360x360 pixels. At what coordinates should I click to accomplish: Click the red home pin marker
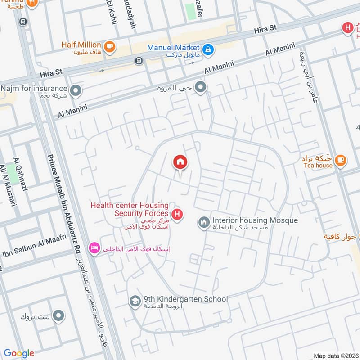click(180, 162)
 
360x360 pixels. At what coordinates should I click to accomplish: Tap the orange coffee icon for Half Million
click(109, 46)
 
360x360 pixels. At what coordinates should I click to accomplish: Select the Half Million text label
click(81, 45)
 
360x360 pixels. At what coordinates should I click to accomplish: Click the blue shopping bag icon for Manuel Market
click(208, 49)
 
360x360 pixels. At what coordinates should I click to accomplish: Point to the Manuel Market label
click(173, 47)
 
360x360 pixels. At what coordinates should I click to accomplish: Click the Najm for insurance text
click(34, 89)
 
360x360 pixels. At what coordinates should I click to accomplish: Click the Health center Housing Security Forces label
click(130, 209)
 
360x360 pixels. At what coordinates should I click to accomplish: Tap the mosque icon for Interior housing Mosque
click(204, 222)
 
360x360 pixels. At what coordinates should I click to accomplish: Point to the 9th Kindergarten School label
click(185, 299)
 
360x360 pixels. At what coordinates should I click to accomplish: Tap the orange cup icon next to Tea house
click(341, 160)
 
